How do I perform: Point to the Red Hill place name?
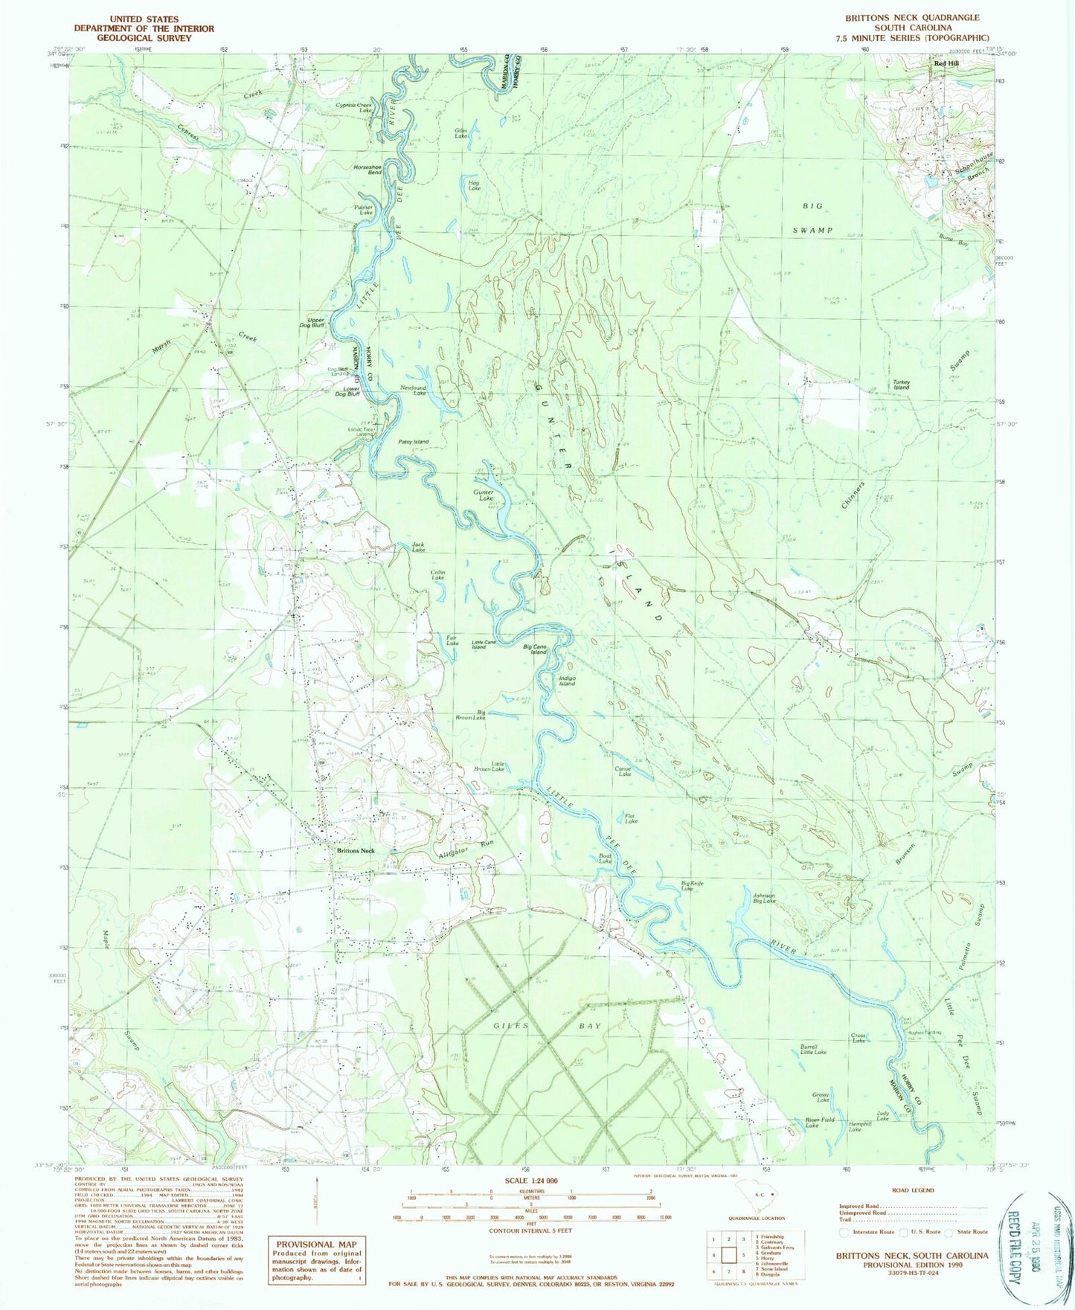946,65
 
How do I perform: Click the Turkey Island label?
902,385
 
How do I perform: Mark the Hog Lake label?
473,185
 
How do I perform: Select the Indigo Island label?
567,680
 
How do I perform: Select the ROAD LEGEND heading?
913,1190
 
